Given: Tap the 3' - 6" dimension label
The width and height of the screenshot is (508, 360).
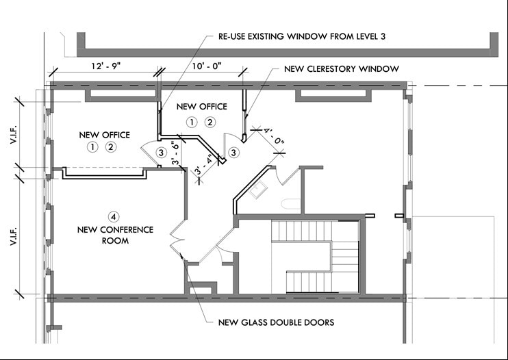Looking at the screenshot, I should [175, 153].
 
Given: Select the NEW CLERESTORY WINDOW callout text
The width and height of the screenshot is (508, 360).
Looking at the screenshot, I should [342, 69].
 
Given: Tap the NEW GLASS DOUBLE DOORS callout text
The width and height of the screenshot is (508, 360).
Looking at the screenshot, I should [277, 322].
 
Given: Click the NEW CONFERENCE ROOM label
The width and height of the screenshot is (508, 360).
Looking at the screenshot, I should [116, 235].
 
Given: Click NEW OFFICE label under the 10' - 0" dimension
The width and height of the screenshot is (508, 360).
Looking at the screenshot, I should [201, 107].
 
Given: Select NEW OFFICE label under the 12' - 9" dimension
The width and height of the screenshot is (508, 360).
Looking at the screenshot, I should [104, 135].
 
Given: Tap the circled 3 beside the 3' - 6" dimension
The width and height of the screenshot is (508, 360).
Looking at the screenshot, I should [161, 152].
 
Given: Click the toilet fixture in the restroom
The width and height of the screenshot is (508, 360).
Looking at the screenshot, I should [290, 203].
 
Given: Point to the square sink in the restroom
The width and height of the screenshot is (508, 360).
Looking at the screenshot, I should [259, 190].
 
